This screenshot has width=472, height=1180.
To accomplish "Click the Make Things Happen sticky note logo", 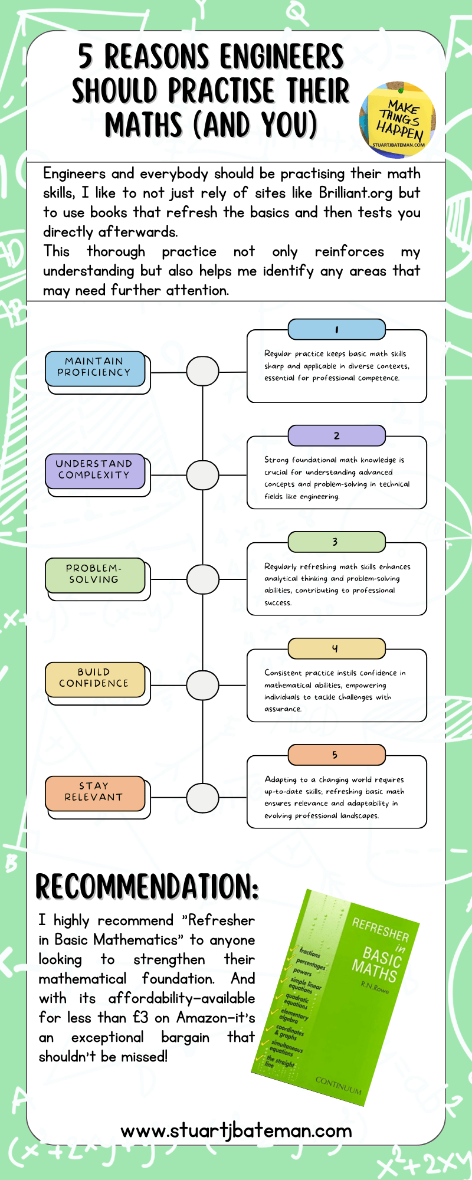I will [398, 120].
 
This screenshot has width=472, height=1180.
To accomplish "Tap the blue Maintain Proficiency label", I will [94, 367].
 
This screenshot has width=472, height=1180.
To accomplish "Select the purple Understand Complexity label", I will [94, 470].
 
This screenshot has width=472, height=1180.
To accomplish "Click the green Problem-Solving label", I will [94, 574].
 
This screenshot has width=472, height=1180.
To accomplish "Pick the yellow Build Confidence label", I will [94, 678].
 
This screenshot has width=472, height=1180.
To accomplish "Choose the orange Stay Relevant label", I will [94, 792].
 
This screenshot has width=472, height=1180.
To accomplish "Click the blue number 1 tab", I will [336, 330].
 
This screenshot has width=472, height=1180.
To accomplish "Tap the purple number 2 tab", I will [336, 436].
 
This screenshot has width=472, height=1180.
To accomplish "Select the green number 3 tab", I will [336, 542].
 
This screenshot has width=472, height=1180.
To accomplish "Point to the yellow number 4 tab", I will [336, 648].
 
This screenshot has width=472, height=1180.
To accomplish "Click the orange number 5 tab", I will [336, 755].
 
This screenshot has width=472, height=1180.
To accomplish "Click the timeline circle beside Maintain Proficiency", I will [202, 372].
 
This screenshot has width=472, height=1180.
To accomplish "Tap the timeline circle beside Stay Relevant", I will [202, 798].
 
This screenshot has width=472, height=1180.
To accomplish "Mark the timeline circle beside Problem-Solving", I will [202, 579].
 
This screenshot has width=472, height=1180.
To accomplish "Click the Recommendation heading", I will [147, 887].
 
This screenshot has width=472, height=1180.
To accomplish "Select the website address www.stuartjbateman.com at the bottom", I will [236, 1130].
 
